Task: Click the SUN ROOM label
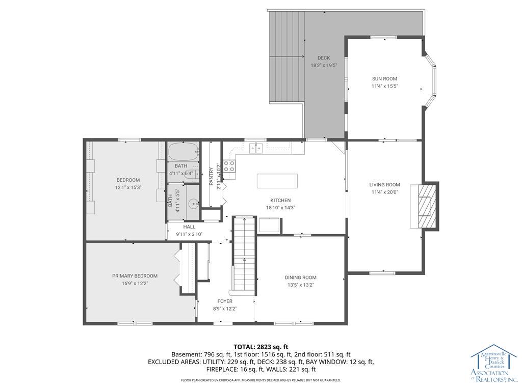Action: coord(384,79)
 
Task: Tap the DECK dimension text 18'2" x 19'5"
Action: coord(324,65)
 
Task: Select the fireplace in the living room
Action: coord(427,206)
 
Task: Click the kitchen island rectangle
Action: coord(277,181)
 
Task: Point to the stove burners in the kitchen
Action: coord(230,166)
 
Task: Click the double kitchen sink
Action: coord(255,148)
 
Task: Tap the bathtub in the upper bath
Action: coord(183,152)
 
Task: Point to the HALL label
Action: coord(175,227)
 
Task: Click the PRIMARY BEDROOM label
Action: coord(135,276)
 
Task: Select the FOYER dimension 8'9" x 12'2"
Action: coord(225,309)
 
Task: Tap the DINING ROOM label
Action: coord(300,277)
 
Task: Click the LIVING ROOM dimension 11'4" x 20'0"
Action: coord(384,192)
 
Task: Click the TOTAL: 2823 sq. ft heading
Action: coord(260,347)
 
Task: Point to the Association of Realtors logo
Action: coord(493,366)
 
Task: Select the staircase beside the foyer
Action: coord(244,255)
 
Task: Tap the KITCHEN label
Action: coord(280,201)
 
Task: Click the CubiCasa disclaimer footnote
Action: coord(260,380)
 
